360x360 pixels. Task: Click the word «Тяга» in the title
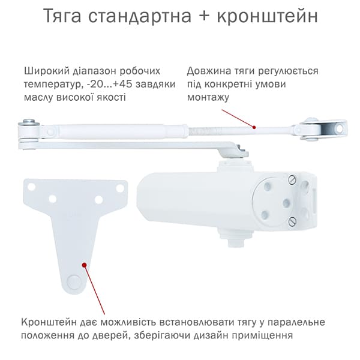[x=62, y=16]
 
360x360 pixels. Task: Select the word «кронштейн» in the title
[x=267, y=16]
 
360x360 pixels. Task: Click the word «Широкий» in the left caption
[x=47, y=71]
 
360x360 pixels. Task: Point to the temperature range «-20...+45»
[x=110, y=84]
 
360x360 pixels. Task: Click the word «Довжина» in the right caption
[x=209, y=71]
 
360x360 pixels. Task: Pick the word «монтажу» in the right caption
[x=208, y=98]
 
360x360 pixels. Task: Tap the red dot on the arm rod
[x=254, y=127]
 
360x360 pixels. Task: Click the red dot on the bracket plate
[x=84, y=265]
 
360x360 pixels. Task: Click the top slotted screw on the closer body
[x=292, y=179]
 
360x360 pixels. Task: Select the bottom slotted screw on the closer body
[x=292, y=221]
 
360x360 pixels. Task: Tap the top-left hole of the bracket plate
[x=31, y=187]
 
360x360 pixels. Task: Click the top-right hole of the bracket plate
[x=120, y=188]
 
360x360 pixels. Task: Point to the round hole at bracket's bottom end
[x=74, y=281]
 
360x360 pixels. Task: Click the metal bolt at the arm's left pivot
[x=29, y=121]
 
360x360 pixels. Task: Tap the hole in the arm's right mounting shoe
[x=340, y=129]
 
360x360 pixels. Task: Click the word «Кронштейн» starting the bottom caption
[x=49, y=322]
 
